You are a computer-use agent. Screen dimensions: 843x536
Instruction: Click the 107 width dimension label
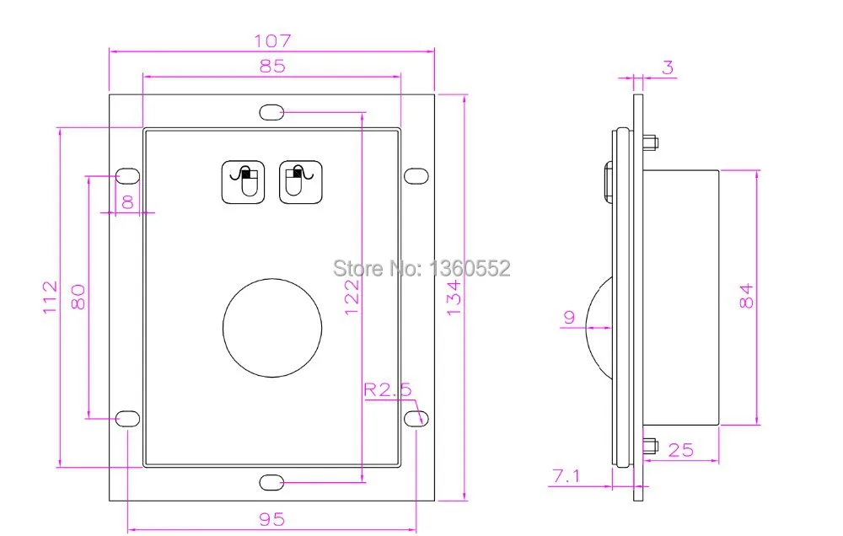272,40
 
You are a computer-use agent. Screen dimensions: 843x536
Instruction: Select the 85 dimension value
272,66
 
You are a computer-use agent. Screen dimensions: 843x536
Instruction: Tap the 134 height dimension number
454,297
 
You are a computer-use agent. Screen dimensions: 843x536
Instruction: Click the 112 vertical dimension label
50,297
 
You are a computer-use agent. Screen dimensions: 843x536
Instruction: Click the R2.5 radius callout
387,389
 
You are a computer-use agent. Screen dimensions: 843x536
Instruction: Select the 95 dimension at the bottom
272,519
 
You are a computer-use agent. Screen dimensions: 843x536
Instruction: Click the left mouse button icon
244,182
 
